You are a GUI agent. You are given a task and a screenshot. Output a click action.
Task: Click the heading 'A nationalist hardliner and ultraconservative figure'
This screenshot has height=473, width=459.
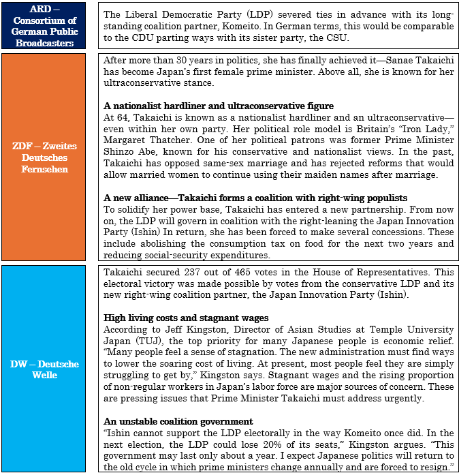point(218,106)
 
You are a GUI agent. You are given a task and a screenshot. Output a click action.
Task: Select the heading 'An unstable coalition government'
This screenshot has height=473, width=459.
point(178,421)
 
